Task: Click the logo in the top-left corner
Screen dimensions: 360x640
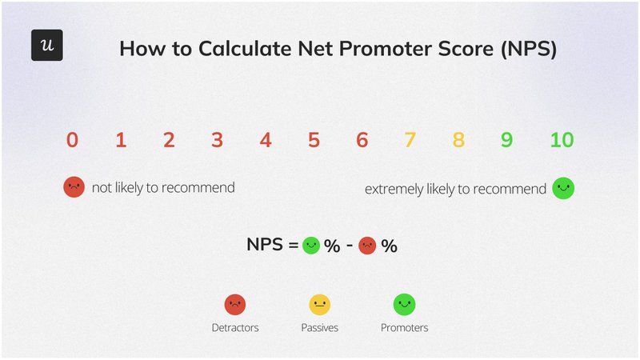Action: (x=46, y=46)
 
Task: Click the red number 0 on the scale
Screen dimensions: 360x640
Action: (x=73, y=141)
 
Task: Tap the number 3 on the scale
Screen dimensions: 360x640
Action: (x=218, y=141)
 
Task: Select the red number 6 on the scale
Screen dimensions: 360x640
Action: (x=362, y=141)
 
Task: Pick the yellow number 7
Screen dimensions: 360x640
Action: (x=410, y=141)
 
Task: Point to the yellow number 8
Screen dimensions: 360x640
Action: (x=458, y=141)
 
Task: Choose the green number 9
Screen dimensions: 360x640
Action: (x=506, y=141)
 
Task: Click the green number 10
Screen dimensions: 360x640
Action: (x=562, y=141)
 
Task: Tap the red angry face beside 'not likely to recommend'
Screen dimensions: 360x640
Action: (x=74, y=188)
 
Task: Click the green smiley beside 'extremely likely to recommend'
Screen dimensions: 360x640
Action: (x=563, y=188)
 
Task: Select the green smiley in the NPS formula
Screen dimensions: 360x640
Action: (x=311, y=246)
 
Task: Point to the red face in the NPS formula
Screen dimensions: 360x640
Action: (x=367, y=246)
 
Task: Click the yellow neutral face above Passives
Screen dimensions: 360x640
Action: (x=319, y=305)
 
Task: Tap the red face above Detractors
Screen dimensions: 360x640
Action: (x=234, y=305)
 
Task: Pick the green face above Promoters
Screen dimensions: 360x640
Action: (x=404, y=305)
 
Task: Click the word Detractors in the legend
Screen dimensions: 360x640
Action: (x=234, y=328)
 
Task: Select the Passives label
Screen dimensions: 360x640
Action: (x=319, y=328)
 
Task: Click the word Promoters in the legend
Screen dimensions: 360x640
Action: (x=404, y=328)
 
